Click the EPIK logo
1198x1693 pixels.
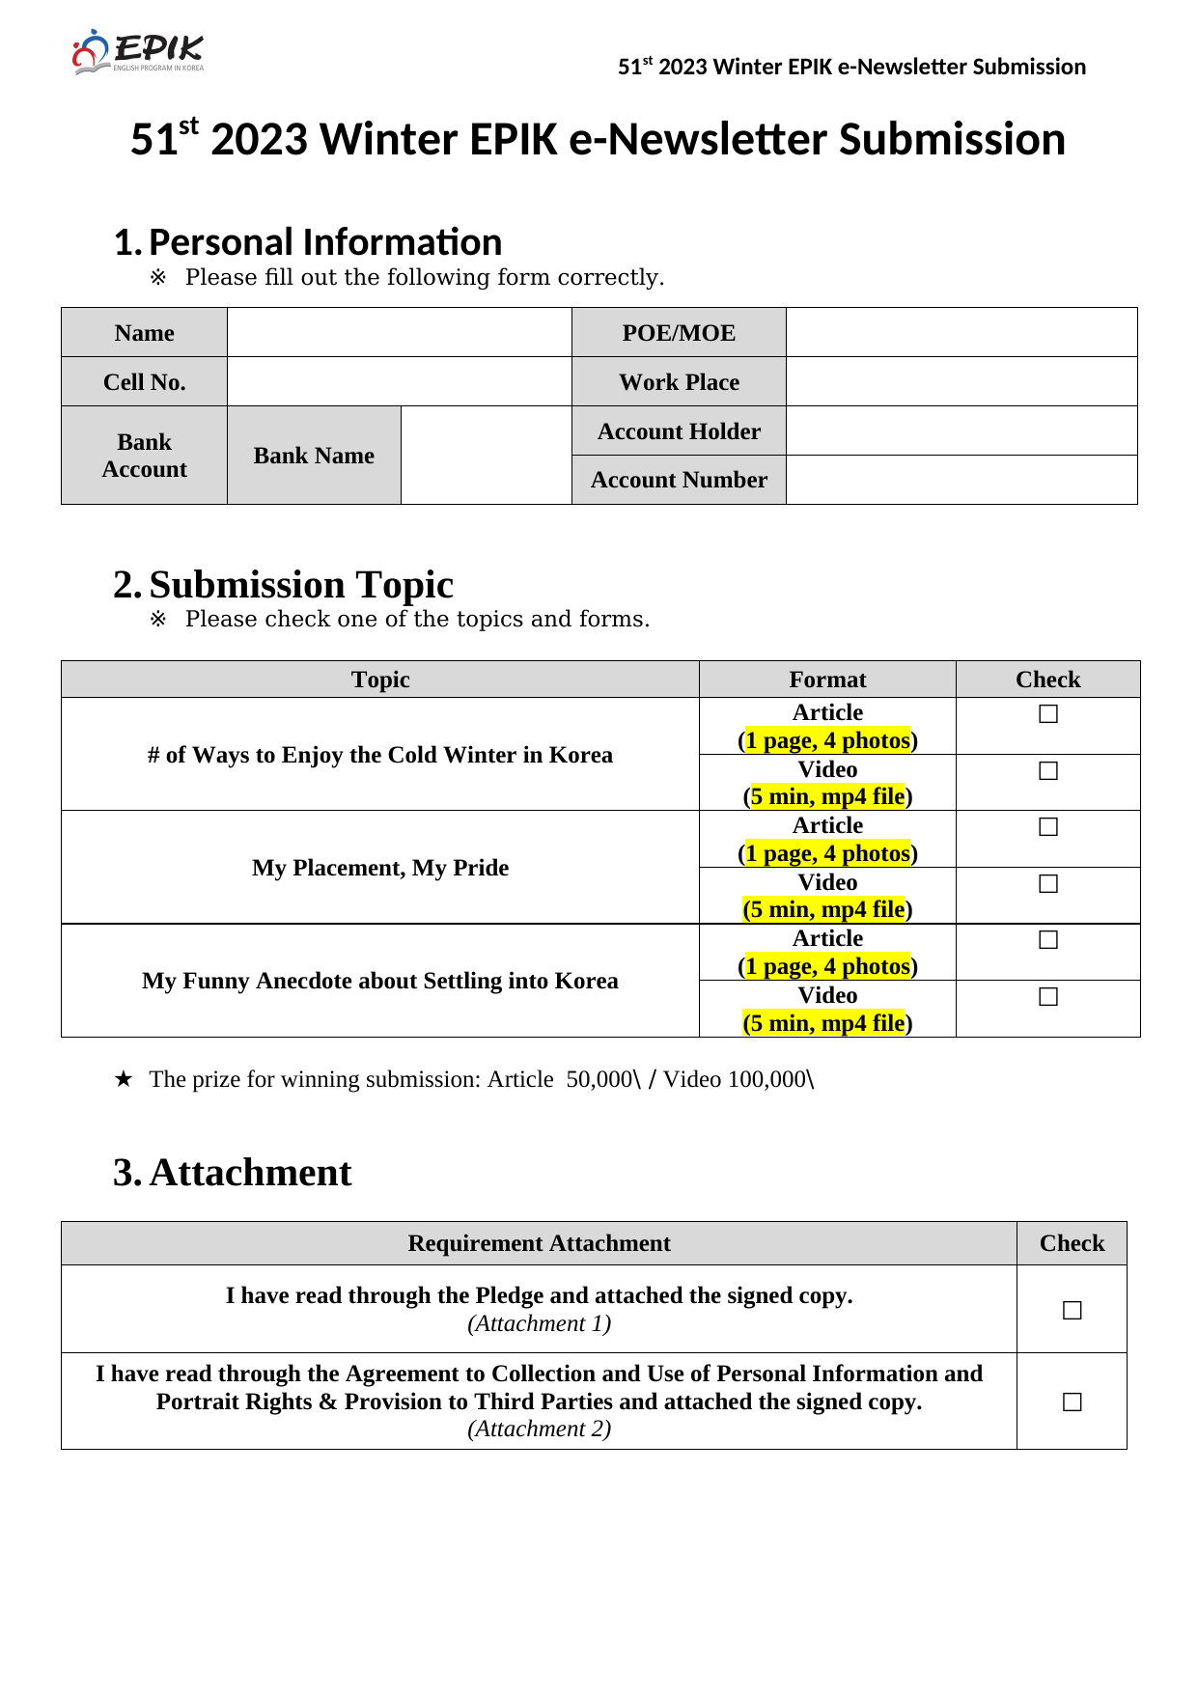138,52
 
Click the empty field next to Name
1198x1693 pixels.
399,333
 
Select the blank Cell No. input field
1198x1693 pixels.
399,382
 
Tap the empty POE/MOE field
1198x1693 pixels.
961,333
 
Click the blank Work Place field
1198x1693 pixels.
961,382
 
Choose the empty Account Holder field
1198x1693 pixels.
961,431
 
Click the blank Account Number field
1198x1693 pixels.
961,480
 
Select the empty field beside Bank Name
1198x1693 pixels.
486,456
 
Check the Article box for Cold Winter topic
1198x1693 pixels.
1048,714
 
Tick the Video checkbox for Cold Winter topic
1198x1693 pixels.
1048,771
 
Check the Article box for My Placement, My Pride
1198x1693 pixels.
1048,827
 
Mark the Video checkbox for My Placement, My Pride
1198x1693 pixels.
1048,884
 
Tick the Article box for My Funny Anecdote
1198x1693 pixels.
1048,940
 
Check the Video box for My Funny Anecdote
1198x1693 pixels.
1048,997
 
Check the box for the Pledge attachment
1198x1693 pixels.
1072,1311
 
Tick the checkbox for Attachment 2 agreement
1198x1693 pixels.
1072,1402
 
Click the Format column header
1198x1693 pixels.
827,680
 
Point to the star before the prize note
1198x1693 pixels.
123,1079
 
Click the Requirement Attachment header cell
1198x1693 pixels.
539,1243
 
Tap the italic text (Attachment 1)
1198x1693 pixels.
539,1323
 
